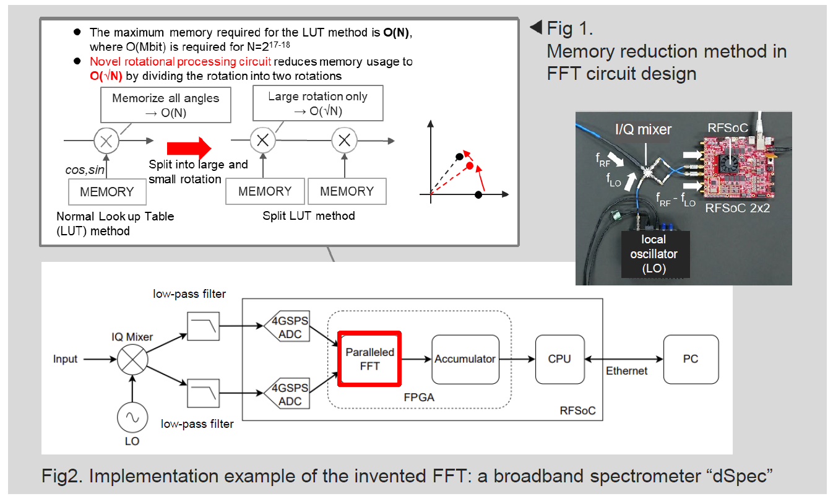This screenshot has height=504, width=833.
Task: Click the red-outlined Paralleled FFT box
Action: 369,359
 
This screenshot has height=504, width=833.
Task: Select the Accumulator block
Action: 465,359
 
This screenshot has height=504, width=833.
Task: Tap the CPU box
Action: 559,359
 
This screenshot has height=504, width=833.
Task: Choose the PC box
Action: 691,359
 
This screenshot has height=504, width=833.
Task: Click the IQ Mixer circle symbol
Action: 132,360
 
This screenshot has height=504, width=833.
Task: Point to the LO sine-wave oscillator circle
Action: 132,417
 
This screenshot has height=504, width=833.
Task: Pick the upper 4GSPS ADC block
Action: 287,326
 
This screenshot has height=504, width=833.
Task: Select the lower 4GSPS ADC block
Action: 287,393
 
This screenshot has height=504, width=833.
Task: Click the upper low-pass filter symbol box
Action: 203,326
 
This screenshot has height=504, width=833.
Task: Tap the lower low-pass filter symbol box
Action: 203,393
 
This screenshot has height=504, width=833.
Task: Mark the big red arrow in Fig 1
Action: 189,148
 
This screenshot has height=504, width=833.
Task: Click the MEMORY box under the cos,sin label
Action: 107,191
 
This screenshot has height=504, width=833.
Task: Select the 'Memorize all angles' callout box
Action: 166,105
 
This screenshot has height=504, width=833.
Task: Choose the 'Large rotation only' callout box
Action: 318,103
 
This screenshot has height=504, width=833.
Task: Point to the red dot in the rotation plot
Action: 470,166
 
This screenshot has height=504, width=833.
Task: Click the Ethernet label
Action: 627,371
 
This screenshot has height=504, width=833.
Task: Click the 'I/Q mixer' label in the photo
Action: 644,129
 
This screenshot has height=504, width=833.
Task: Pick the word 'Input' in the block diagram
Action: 65,359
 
